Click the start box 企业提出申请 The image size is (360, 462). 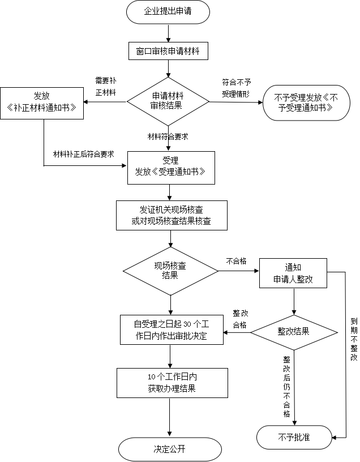coord(168,12)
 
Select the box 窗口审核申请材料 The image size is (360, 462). coord(168,52)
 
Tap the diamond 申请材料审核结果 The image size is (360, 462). coord(168,102)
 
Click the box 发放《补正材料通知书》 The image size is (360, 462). coord(42,103)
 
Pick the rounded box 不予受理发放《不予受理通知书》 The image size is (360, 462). coord(306,103)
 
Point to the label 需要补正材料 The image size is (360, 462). coord(106,86)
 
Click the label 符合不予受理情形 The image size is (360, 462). coord(236,88)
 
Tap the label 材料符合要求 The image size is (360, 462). coord(168,136)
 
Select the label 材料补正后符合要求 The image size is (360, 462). coord(83,154)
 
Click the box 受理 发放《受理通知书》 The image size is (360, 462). coord(171,168)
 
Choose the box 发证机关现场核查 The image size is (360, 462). coord(172,215)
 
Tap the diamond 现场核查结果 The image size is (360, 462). coord(170,271)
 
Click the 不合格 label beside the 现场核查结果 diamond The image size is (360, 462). coord(236,261)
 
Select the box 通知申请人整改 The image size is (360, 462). coord(293,273)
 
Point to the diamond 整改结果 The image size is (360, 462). coord(294,332)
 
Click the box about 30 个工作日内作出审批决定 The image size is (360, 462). coord(172,330)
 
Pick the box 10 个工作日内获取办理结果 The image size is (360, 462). coord(172,383)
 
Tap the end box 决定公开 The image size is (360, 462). coord(170,449)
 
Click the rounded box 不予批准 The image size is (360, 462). coord(294,437)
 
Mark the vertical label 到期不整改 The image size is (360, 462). coord(354,339)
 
